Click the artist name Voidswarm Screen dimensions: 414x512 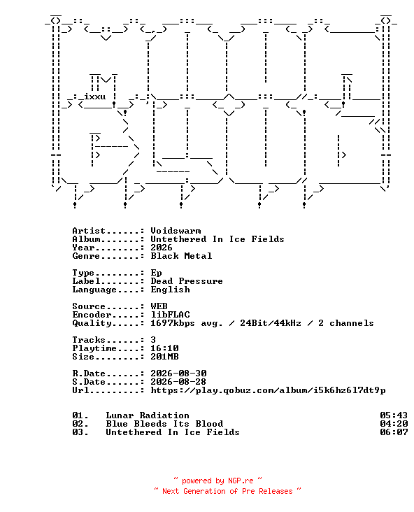[x=176, y=231]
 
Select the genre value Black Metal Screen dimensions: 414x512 [x=181, y=256]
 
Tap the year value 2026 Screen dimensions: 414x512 [x=162, y=248]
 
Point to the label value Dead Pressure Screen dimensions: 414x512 [x=187, y=281]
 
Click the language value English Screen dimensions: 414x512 [x=170, y=290]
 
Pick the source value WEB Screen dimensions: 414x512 [x=159, y=306]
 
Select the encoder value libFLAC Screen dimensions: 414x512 [x=170, y=315]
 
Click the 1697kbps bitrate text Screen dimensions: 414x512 [x=173, y=323]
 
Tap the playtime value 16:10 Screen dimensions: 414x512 [x=164, y=348]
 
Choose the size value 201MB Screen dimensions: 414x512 [x=164, y=357]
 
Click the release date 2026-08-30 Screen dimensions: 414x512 [x=178, y=374]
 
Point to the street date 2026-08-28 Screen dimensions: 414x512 [x=178, y=382]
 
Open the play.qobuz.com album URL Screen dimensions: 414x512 [x=268, y=390]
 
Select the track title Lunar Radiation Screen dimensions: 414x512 [x=148, y=415]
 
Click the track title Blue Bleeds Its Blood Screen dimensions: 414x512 [x=164, y=424]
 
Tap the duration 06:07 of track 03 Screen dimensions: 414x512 [x=394, y=432]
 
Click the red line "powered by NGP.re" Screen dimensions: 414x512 [x=217, y=481]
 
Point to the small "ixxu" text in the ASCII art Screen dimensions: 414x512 [x=94, y=97]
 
